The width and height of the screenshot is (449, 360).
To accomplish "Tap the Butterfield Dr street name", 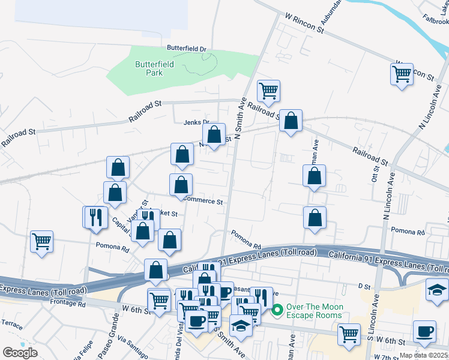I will pyautogui.click(x=186, y=49).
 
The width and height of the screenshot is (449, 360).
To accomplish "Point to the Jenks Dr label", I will pyautogui.click(x=195, y=122).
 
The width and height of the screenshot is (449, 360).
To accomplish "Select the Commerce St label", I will pyautogui.click(x=203, y=202).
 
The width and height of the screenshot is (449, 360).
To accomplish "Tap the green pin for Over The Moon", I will pyautogui.click(x=277, y=310).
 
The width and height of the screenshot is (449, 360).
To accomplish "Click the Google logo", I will pyautogui.click(x=20, y=353).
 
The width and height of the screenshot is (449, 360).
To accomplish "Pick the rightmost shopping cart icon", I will pyautogui.click(x=402, y=75).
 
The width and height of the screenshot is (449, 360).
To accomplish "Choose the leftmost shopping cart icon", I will pyautogui.click(x=41, y=242).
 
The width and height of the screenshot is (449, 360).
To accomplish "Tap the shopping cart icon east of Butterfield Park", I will pyautogui.click(x=268, y=91).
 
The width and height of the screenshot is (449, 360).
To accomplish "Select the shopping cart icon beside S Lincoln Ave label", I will pyautogui.click(x=349, y=335).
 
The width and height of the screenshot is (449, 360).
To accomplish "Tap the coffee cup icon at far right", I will pyautogui.click(x=425, y=332).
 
